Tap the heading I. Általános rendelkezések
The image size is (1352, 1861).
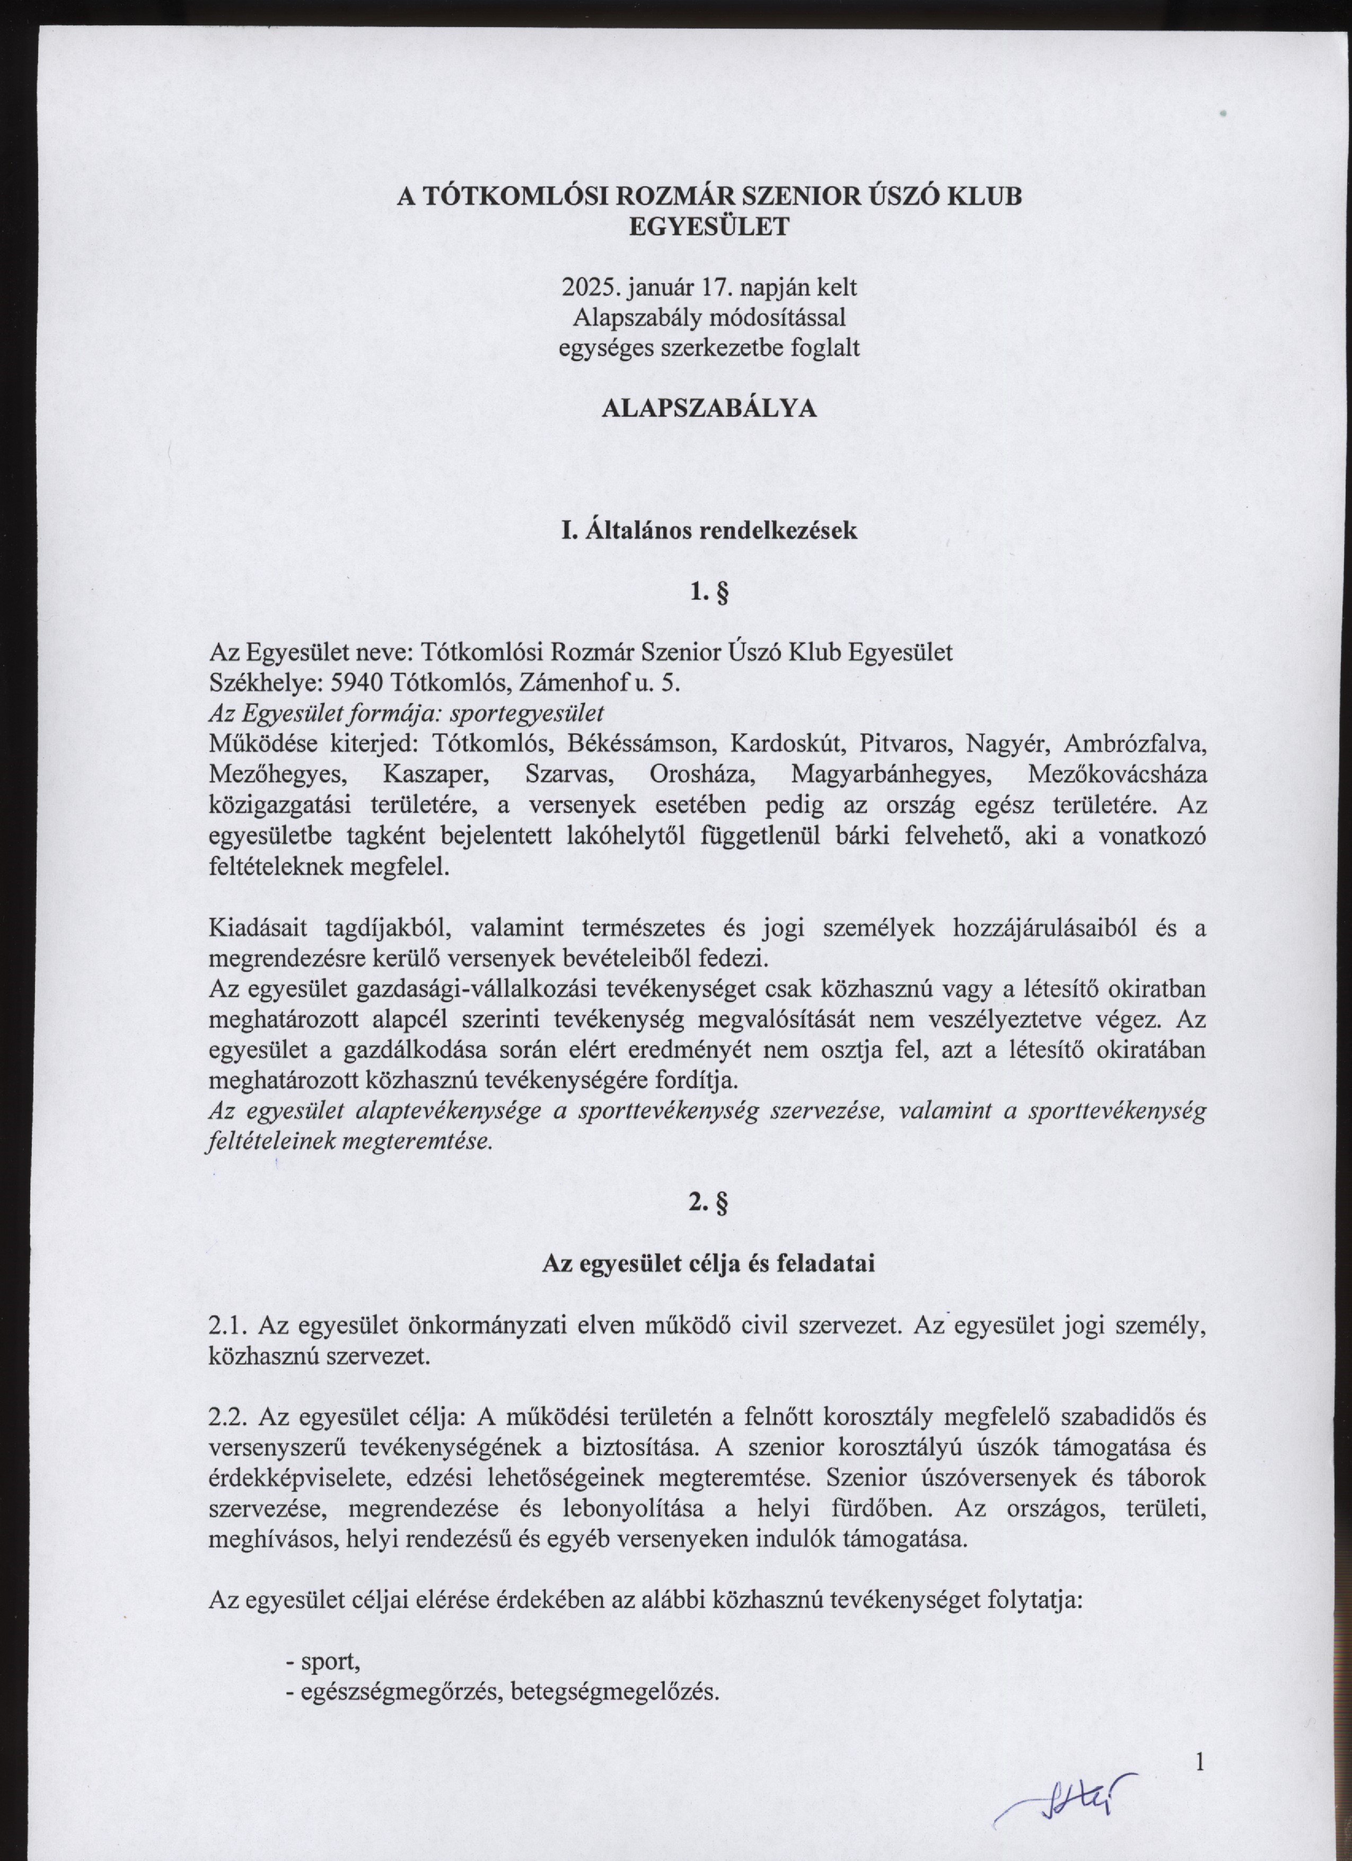tap(709, 530)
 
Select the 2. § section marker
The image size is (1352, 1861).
tap(709, 1203)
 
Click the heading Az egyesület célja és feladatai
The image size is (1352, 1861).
tap(709, 1263)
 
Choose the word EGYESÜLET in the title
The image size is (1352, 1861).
tap(709, 226)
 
